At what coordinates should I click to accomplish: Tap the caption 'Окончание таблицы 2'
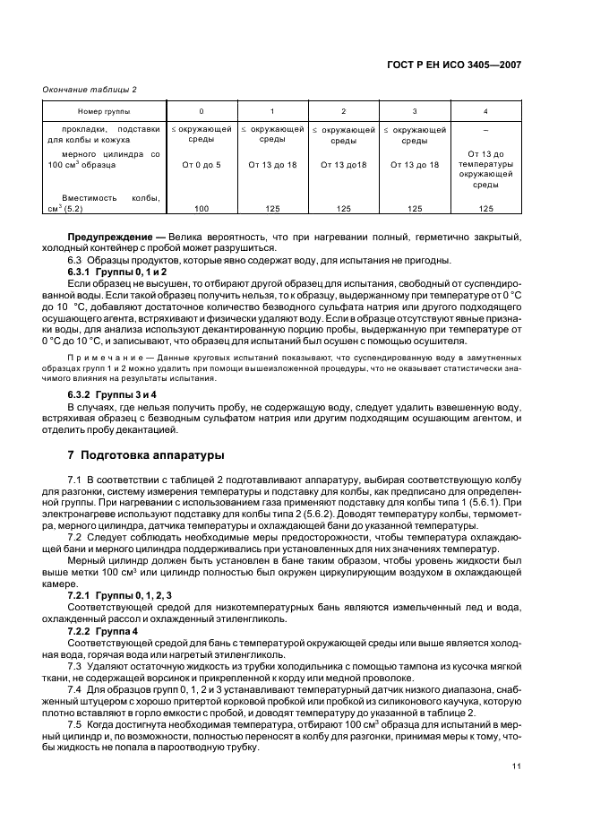(90, 90)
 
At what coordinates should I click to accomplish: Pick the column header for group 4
(485, 110)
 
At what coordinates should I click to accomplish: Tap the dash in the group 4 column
(485, 130)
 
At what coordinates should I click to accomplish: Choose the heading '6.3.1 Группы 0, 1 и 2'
(117, 271)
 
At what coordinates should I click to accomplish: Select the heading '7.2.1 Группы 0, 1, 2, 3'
(120, 596)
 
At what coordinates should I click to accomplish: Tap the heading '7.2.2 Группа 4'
(106, 631)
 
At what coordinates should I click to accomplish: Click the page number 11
(517, 766)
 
